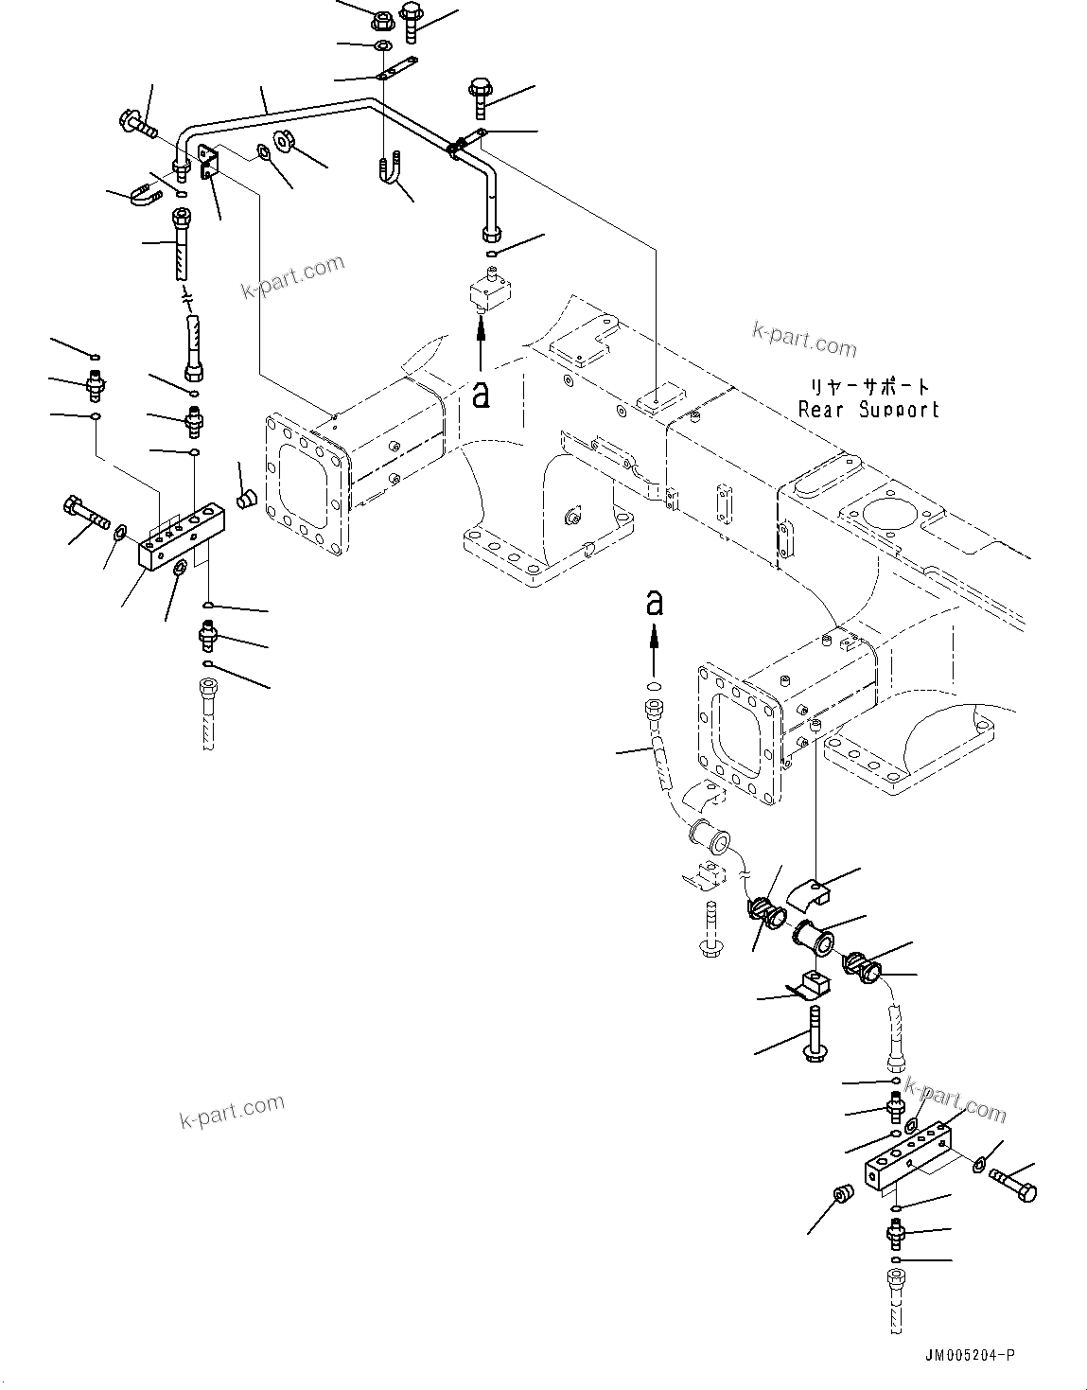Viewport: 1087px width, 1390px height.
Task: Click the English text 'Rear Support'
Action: point(868,410)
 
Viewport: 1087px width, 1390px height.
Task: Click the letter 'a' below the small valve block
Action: point(481,396)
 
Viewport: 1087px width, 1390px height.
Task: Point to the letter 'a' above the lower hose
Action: point(654,602)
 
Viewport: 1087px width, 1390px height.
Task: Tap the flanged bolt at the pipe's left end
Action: point(137,122)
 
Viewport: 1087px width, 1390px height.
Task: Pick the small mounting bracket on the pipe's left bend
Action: point(208,161)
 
